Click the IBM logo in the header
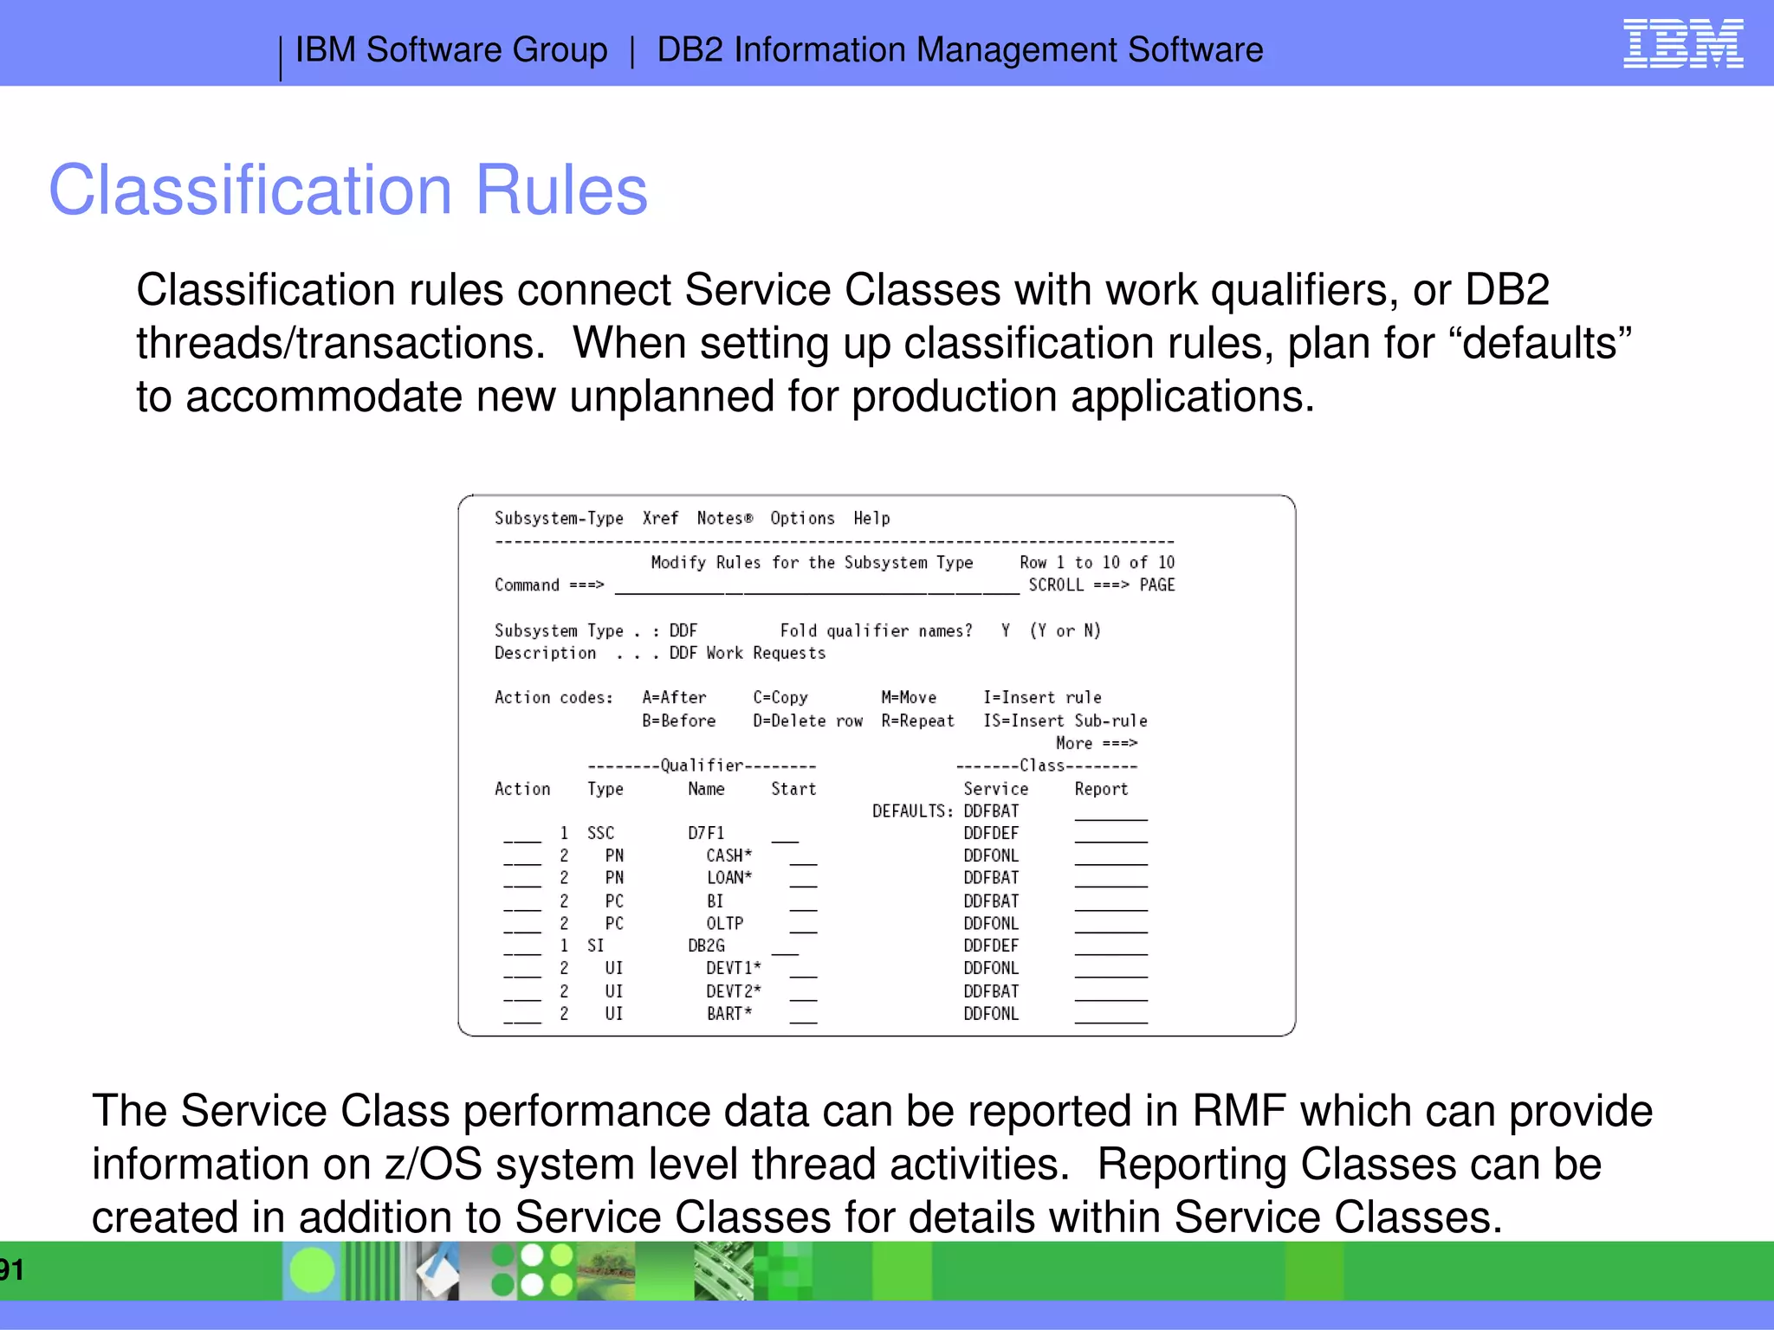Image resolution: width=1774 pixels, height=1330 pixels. point(1683,43)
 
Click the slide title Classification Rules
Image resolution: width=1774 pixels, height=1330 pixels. point(348,190)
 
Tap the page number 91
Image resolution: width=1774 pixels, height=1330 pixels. point(12,1269)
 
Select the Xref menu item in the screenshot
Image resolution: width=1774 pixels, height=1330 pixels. point(660,518)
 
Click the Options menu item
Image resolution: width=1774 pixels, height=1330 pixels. point(802,518)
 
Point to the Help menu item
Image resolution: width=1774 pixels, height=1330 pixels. point(871,518)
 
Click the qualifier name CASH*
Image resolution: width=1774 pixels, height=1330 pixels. point(728,855)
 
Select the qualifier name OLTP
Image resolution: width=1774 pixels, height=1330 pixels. point(724,923)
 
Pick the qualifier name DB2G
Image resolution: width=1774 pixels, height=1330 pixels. point(706,946)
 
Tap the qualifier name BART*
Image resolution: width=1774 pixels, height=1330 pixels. point(728,1013)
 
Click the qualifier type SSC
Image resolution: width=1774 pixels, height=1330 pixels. point(600,833)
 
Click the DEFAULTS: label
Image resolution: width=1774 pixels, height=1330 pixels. point(912,810)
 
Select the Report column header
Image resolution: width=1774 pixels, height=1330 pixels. point(1101,789)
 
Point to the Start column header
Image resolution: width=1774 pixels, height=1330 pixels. point(793,789)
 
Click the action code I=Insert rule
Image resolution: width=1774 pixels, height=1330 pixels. point(1042,697)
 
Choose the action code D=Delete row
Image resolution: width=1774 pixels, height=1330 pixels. point(807,720)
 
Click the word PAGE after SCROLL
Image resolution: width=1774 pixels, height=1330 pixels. point(1157,584)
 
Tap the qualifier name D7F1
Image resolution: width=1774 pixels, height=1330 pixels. point(706,833)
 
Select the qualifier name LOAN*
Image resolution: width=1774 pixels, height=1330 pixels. point(728,878)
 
